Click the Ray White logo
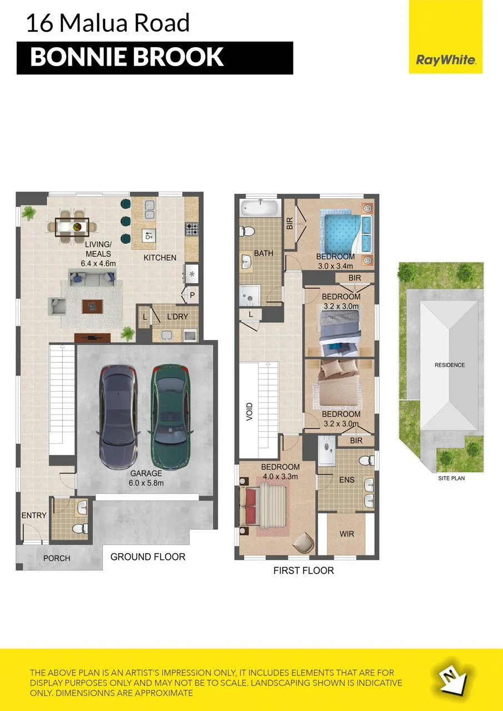pyautogui.click(x=446, y=37)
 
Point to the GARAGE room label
pyautogui.click(x=146, y=473)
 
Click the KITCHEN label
pyautogui.click(x=160, y=258)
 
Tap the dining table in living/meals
pyautogui.click(x=72, y=227)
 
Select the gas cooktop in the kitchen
pyautogui.click(x=192, y=228)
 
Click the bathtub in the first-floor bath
pyautogui.click(x=261, y=208)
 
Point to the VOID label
pyautogui.click(x=250, y=412)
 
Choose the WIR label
pyautogui.click(x=346, y=534)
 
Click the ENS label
pyautogui.click(x=346, y=480)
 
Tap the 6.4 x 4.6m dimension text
pyautogui.click(x=98, y=263)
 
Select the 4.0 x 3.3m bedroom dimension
pyautogui.click(x=280, y=477)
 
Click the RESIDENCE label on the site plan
pyautogui.click(x=450, y=365)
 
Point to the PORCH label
pyautogui.click(x=57, y=558)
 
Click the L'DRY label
pyautogui.click(x=177, y=317)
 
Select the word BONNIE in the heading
pyautogui.click(x=78, y=57)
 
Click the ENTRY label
pyautogui.click(x=34, y=515)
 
